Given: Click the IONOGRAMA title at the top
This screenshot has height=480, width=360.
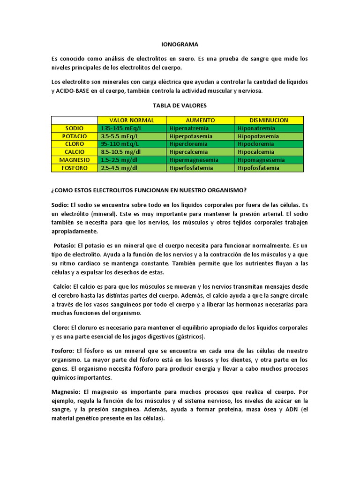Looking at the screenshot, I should click(180, 45).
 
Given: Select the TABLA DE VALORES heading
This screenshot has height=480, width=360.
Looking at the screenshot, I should click(180, 105).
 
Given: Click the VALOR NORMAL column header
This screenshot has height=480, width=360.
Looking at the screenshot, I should click(132, 120).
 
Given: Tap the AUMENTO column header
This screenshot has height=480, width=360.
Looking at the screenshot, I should click(200, 120).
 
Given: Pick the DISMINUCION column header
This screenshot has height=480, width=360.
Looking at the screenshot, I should click(269, 120).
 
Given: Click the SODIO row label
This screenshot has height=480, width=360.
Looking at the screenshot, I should click(74, 128).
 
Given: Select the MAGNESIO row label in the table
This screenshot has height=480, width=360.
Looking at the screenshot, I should click(74, 160).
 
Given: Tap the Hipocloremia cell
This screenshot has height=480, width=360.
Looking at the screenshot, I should click(256, 144).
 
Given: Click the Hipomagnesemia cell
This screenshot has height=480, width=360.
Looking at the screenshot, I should click(261, 160).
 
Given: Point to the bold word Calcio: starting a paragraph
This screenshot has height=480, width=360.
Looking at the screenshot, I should click(63, 286).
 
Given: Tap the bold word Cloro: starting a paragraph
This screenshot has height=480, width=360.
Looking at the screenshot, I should click(61, 328).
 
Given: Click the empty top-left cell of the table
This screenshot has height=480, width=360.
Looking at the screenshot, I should click(74, 120).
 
